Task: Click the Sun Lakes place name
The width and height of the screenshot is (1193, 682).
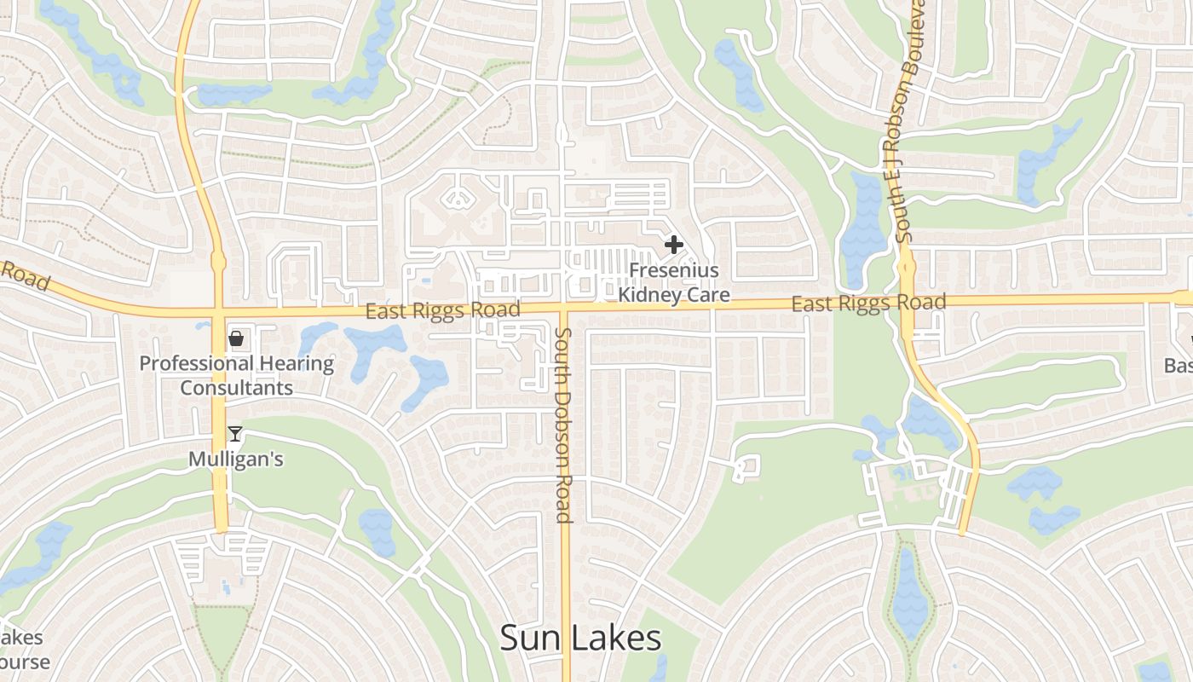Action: pos(580,639)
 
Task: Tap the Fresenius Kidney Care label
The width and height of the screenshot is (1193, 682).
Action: pos(674,283)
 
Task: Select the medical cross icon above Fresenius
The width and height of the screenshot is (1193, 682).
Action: pos(674,246)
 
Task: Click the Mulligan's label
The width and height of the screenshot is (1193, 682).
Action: pos(236,459)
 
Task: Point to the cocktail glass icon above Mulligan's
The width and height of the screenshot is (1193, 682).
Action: pos(235,434)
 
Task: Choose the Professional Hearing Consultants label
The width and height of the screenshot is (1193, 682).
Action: pos(236,375)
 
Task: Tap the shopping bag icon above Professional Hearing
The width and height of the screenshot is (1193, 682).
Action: pos(236,339)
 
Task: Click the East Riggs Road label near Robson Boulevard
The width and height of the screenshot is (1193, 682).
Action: pos(868,303)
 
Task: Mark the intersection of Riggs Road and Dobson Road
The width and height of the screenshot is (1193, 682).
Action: pos(564,306)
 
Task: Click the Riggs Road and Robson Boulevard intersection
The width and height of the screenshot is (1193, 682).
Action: pos(906,300)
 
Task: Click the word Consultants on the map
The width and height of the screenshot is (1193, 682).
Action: pos(236,388)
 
